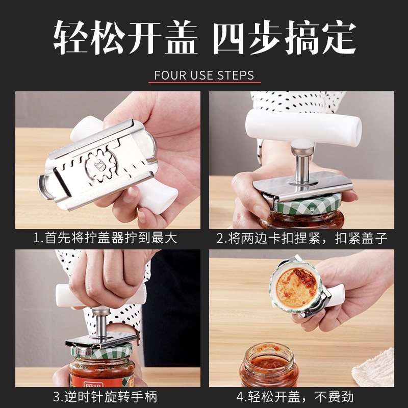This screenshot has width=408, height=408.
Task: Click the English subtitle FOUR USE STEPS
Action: [204, 75]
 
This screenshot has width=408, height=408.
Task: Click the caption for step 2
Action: [302, 238]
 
